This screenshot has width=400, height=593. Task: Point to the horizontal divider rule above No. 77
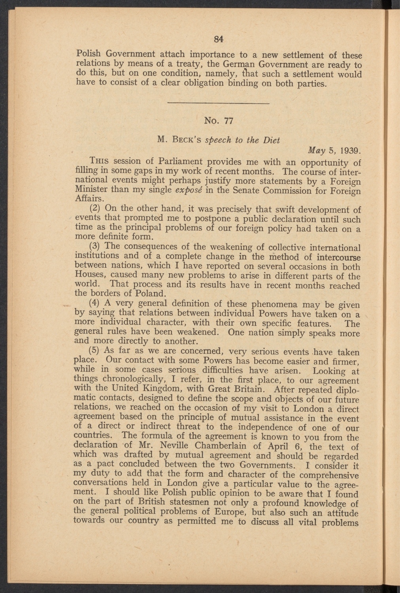tap(219, 104)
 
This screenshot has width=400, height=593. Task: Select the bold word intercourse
tap(335, 257)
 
